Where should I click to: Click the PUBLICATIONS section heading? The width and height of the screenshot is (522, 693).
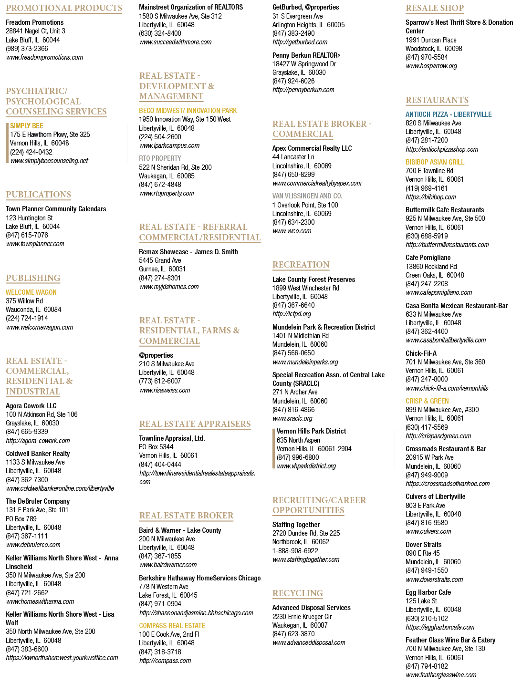coord(39,195)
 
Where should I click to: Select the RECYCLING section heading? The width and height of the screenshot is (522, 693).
coord(298,593)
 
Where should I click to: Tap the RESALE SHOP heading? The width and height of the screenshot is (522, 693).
coord(435,8)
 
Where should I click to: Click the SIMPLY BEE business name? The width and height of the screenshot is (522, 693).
coord(27,125)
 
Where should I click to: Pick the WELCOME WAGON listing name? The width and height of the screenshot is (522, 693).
coord(31,292)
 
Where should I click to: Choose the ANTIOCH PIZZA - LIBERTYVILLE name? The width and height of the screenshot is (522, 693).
coord(449,114)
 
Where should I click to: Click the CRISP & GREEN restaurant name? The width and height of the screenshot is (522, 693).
coord(427,401)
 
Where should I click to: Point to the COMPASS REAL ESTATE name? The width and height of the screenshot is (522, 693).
coord(172,625)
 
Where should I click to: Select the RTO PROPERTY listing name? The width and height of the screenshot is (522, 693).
coord(160,158)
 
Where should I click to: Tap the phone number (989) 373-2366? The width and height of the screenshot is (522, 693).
coord(27,49)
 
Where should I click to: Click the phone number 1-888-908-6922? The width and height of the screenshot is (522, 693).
coord(295,550)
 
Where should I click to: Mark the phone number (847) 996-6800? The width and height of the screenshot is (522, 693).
coord(298,457)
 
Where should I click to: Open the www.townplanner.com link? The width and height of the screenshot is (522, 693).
coord(35,244)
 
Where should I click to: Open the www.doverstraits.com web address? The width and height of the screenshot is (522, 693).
coord(434,579)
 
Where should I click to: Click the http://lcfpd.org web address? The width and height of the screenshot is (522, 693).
coord(292,314)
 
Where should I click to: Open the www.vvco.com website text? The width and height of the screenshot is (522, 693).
coord(292,231)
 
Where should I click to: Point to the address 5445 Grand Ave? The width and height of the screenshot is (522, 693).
coord(160,260)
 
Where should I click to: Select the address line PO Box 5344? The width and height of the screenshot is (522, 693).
coord(156,447)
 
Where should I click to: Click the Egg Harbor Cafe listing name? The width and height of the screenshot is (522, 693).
coord(428,592)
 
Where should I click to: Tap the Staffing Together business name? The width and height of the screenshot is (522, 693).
coord(296,525)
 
